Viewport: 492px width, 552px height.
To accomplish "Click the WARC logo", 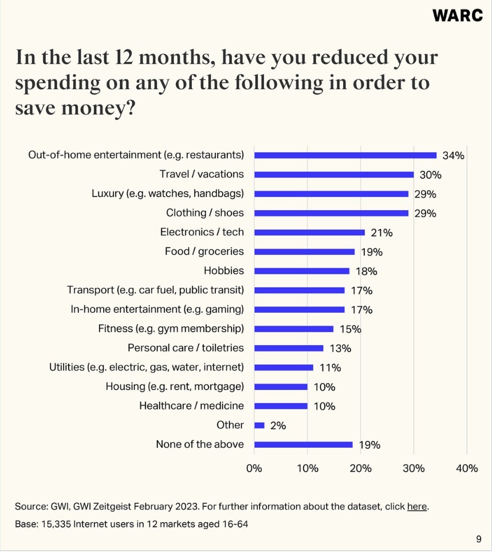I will [458, 15].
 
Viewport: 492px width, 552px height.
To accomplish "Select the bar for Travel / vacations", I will [334, 174].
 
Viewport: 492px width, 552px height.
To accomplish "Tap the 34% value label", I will [453, 155].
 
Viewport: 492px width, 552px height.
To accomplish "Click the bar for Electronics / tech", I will [309, 232].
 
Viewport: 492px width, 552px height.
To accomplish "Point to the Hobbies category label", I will [223, 271].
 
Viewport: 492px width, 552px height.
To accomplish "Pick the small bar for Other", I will [259, 425].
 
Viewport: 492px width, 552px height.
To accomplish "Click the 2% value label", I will [278, 425].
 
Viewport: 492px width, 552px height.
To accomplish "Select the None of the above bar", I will [304, 444].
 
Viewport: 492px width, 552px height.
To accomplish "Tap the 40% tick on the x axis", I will [467, 468].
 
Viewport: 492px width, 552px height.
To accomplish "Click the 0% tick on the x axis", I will [254, 468].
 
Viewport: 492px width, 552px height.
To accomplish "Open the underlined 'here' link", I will [417, 507].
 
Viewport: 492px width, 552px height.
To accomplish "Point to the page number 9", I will [479, 539].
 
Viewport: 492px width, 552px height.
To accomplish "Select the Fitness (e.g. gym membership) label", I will [171, 329].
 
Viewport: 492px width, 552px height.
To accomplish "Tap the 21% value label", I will [381, 232].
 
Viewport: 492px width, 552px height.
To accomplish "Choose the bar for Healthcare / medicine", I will [281, 406].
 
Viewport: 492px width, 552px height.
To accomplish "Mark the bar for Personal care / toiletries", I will [289, 348].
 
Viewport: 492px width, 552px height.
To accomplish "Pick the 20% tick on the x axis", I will [360, 468].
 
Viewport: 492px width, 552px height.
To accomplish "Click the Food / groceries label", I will [204, 251].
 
